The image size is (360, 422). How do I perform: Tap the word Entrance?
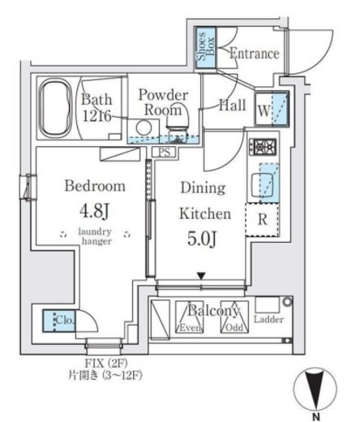click(254, 54)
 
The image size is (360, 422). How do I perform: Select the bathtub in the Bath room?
click(55, 107)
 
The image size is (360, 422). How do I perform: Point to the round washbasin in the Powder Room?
click(144, 127)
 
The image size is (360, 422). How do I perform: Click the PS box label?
click(164, 152)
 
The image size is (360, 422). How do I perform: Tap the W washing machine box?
click(272, 109)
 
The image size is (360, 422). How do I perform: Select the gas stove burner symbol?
click(263, 147)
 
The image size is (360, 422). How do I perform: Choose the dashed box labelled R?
click(262, 219)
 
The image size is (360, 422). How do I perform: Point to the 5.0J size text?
click(202, 239)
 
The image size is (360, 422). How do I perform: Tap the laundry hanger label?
click(96, 236)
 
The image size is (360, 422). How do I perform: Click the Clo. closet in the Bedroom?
click(58, 321)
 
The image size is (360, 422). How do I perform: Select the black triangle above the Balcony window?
click(201, 276)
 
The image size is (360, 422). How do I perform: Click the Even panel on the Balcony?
click(189, 316)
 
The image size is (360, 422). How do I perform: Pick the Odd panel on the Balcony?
click(234, 316)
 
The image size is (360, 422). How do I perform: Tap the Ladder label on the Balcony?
click(268, 320)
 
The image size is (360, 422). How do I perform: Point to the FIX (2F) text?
click(106, 364)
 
